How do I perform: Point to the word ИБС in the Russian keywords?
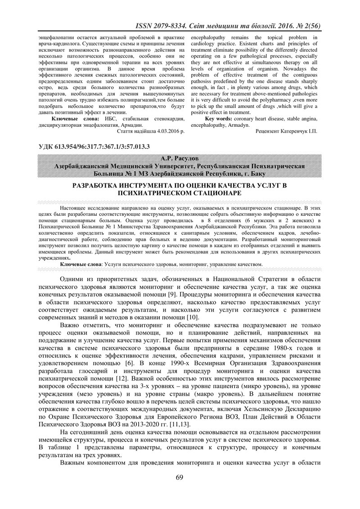click(112, 119)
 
